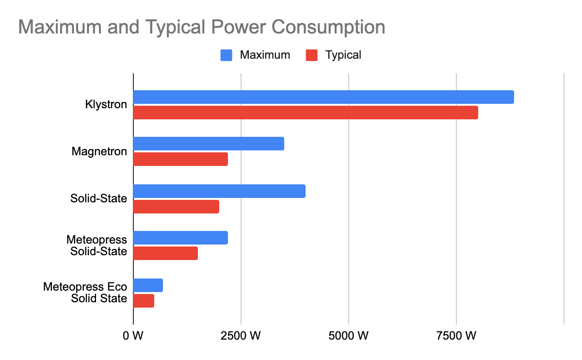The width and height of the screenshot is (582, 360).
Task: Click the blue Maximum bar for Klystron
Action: pyautogui.click(x=323, y=97)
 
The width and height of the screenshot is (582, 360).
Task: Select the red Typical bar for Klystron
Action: pyautogui.click(x=306, y=113)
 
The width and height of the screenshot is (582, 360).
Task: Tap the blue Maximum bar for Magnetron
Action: pyautogui.click(x=209, y=144)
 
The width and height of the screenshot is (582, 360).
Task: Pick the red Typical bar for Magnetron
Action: pyautogui.click(x=180, y=159)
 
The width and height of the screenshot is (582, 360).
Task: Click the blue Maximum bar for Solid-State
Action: pyautogui.click(x=219, y=191)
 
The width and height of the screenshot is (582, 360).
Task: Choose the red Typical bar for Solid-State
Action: pyautogui.click(x=176, y=207)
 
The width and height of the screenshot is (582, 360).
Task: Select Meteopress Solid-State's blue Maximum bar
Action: pyautogui.click(x=180, y=238)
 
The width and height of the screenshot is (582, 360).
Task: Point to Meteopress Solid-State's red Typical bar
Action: pyautogui.click(x=165, y=253)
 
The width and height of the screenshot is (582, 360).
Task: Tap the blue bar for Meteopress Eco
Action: pyautogui.click(x=148, y=285)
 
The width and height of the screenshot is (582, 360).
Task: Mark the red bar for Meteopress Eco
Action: pyautogui.click(x=144, y=301)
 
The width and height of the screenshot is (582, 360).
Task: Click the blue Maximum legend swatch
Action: pyautogui.click(x=226, y=55)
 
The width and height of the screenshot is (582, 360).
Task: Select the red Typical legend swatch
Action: pyautogui.click(x=312, y=55)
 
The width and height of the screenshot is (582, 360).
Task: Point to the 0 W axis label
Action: pyautogui.click(x=133, y=335)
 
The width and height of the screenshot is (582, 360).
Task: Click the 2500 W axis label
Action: pyautogui.click(x=241, y=335)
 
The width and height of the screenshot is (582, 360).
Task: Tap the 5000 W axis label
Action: pyautogui.click(x=349, y=335)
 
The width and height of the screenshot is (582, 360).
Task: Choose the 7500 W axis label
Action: pyautogui.click(x=456, y=335)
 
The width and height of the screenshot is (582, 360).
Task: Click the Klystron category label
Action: pyautogui.click(x=106, y=104)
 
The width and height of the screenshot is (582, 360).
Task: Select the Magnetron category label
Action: pyautogui.click(x=99, y=151)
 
